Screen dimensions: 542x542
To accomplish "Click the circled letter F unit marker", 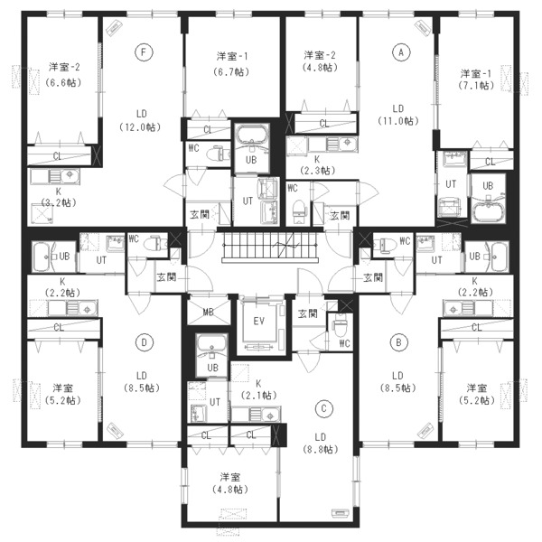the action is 144,52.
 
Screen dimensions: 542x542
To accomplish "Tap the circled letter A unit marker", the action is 401,52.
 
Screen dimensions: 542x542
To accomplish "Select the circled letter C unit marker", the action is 324,408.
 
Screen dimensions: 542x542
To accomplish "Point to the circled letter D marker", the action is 145,342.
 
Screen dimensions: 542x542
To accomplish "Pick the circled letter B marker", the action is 398,342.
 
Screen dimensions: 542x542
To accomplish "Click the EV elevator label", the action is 259,322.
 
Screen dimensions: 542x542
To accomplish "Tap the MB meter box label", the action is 208,313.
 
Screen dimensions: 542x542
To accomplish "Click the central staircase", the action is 270,247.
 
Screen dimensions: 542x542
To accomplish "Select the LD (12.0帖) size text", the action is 141,120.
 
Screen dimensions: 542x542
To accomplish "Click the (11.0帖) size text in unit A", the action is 398,121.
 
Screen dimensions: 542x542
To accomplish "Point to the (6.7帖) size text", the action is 232,72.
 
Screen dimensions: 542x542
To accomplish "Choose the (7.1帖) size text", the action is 476,85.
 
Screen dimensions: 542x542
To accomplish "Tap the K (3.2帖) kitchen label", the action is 58,197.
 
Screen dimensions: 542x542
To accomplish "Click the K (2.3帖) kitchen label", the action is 317,165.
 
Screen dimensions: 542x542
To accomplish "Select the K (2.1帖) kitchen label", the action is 258,389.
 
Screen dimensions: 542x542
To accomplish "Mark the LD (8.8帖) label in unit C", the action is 320,444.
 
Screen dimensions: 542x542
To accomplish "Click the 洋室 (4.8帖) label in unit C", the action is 230,483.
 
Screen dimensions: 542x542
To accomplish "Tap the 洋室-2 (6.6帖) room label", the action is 64,75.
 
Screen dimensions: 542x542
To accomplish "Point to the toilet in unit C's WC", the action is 339,327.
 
